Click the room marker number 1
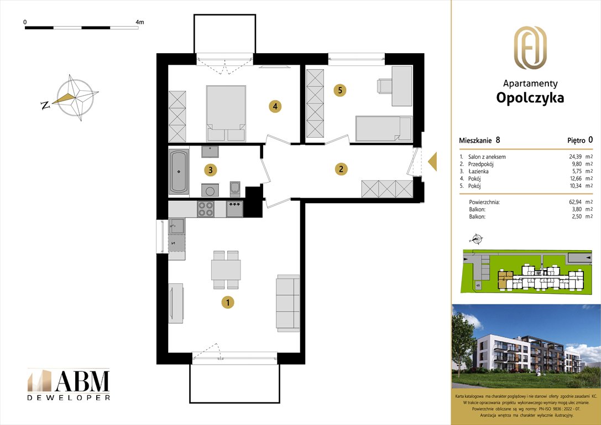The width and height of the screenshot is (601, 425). pyautogui.click(x=227, y=302)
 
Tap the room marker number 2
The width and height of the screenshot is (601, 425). pyautogui.click(x=342, y=169)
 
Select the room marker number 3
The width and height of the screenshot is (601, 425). pyautogui.click(x=209, y=170)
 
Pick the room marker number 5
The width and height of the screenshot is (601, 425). pyautogui.click(x=340, y=90)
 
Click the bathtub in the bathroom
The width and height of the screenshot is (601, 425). pyautogui.click(x=179, y=171)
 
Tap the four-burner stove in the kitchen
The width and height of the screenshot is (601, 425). pyautogui.click(x=206, y=209)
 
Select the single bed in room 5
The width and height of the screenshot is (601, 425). pyautogui.click(x=384, y=128)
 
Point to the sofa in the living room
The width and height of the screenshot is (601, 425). pyautogui.click(x=288, y=302)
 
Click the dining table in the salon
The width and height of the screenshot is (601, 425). pyautogui.click(x=226, y=269)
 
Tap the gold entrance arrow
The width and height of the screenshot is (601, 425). pyautogui.click(x=433, y=161)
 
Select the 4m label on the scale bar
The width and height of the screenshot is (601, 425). pyautogui.click(x=139, y=22)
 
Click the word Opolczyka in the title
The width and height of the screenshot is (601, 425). pyautogui.click(x=530, y=98)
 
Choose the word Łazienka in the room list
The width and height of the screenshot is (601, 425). pyautogui.click(x=478, y=172)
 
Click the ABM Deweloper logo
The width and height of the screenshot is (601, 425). pyautogui.click(x=69, y=383)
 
